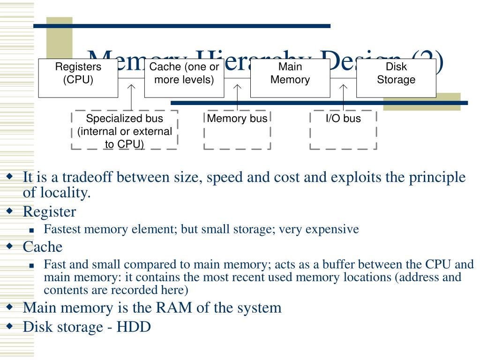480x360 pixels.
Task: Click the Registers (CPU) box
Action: [x=78, y=78]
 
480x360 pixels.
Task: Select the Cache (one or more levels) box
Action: [x=184, y=78]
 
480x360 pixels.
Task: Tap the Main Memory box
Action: [x=290, y=78]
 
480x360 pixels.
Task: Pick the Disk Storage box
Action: [x=396, y=78]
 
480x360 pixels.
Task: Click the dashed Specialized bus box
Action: [x=125, y=130]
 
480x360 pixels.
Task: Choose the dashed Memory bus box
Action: [x=237, y=130]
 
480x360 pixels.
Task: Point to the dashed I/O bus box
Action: [x=344, y=130]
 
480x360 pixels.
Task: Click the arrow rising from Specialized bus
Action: [x=132, y=96]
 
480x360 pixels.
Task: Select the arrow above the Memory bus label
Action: [x=238, y=96]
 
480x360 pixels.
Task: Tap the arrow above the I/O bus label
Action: [x=344, y=96]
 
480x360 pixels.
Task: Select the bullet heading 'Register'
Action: [x=49, y=212]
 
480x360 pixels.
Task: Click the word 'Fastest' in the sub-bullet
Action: [x=61, y=229]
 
